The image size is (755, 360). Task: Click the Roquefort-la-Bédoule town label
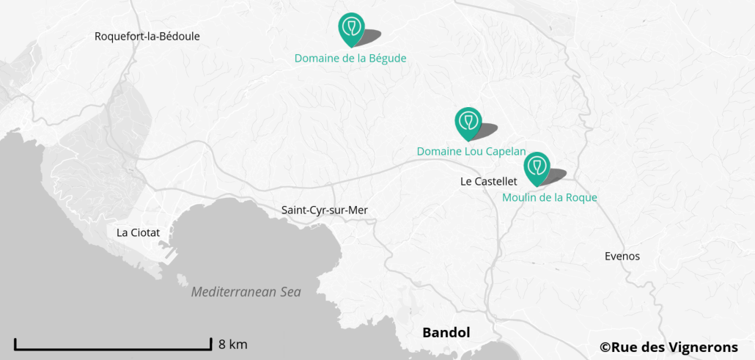point(147,36)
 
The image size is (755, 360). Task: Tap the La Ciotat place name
point(138,232)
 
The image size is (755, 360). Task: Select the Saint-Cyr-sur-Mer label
point(324,210)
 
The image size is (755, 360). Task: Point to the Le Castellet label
point(489,181)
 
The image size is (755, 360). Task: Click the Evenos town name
point(622,256)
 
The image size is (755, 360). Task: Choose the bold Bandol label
point(446,332)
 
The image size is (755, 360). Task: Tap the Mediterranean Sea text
point(246,292)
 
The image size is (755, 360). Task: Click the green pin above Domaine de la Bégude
point(352,28)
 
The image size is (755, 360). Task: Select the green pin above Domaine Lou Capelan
point(468,122)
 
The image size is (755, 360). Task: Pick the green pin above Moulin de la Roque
point(537,166)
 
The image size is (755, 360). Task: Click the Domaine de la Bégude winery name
point(350,58)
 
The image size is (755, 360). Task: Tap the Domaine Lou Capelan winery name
point(471,151)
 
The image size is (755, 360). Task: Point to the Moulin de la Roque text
point(549,197)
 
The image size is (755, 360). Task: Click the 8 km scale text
point(232,344)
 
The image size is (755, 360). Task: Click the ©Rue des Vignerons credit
point(669,348)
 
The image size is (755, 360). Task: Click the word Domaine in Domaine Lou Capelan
point(439,151)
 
